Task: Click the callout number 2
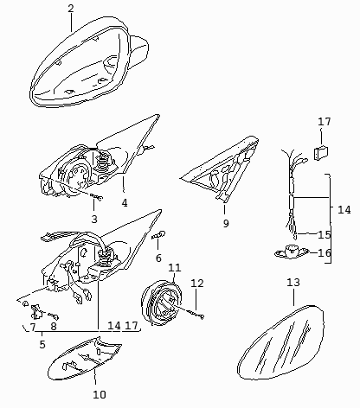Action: [x=71, y=8]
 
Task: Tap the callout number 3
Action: [x=94, y=220]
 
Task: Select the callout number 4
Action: [x=125, y=203]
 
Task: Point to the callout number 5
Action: [x=42, y=344]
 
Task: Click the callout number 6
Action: [x=158, y=258]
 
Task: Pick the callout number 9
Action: [x=226, y=223]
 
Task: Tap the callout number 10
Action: [x=100, y=394]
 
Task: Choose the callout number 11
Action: [x=175, y=268]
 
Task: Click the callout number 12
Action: [x=197, y=284]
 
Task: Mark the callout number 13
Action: [x=293, y=283]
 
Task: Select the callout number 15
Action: [x=325, y=235]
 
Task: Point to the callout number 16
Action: [x=325, y=252]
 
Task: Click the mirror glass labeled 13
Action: [x=280, y=343]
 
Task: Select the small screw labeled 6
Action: [x=158, y=235]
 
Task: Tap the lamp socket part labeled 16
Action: [x=292, y=252]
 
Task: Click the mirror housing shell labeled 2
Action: [x=87, y=63]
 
